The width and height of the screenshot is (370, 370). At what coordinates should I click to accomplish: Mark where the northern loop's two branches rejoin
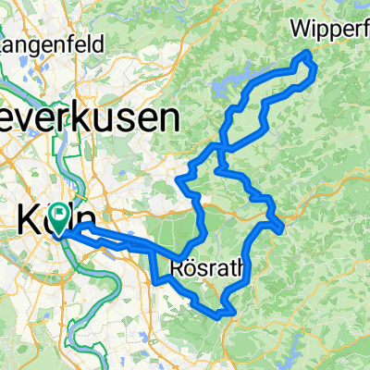click(219, 146)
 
